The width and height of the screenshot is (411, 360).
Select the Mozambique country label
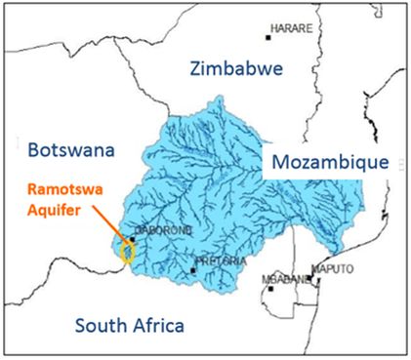330,161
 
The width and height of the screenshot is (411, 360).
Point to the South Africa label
119,325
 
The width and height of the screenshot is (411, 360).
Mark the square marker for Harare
268,37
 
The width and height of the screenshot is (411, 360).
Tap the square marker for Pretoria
193,270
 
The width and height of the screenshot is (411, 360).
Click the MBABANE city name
282,279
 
